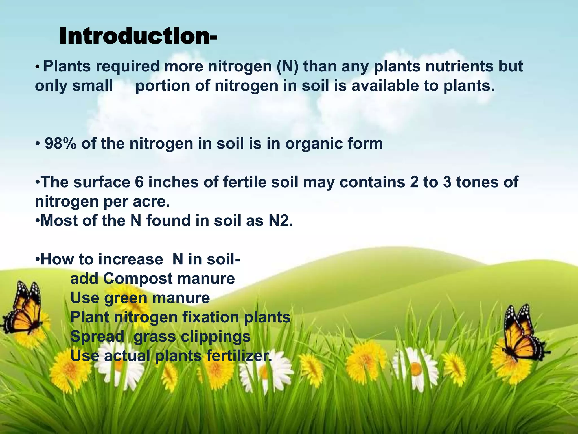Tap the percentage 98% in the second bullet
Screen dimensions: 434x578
tap(60, 144)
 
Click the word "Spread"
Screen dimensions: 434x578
tap(97, 337)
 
